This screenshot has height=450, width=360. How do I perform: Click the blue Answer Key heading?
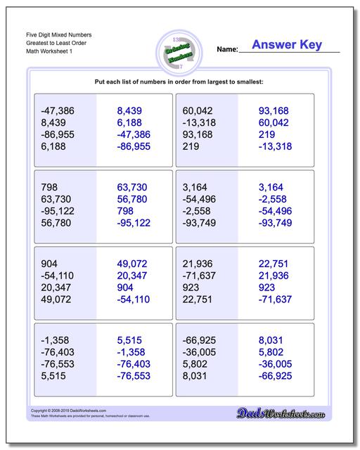pyautogui.click(x=288, y=45)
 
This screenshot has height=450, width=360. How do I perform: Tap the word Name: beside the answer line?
pyautogui.click(x=226, y=50)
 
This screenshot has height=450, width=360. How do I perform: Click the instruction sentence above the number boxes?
pyautogui.click(x=179, y=82)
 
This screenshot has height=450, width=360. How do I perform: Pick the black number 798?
pyautogui.click(x=50, y=188)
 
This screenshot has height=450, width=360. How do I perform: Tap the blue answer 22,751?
pyautogui.click(x=275, y=264)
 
